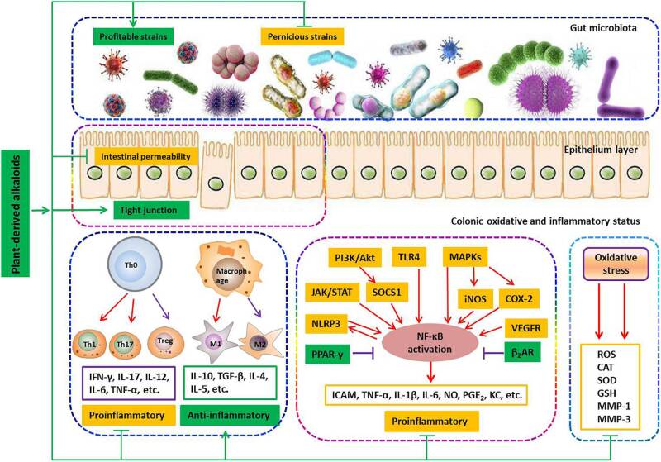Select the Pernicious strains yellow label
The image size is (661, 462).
pyautogui.click(x=302, y=37)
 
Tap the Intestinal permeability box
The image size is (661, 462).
pyautogui.click(x=145, y=155)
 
